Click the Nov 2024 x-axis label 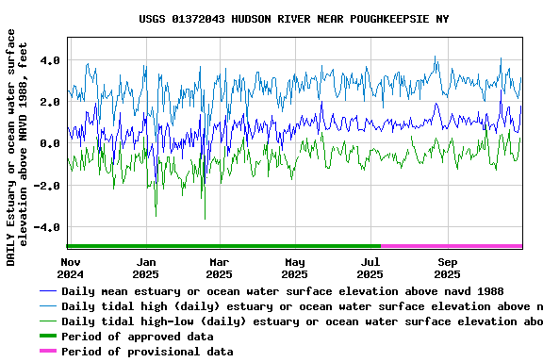[71, 268]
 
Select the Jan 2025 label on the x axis [146, 268]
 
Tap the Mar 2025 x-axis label [219, 268]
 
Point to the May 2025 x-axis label [295, 268]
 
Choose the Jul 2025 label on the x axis [370, 268]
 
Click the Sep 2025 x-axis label [448, 268]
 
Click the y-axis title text [17, 146]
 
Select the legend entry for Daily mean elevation [282, 292]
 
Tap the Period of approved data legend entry [149, 337]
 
